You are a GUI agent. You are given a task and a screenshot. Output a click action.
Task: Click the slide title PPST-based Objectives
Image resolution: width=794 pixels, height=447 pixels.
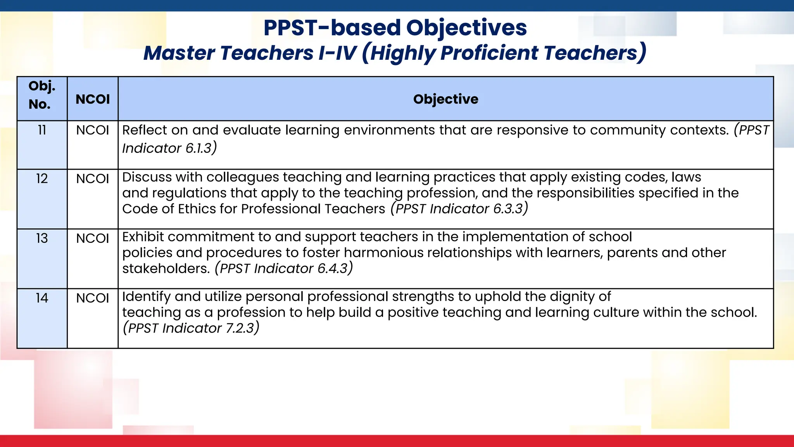pyautogui.click(x=395, y=28)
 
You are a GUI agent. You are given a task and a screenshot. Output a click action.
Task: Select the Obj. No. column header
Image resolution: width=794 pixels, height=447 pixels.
pyautogui.click(x=42, y=95)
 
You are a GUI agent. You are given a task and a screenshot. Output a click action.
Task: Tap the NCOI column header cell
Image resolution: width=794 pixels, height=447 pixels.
pyautogui.click(x=93, y=99)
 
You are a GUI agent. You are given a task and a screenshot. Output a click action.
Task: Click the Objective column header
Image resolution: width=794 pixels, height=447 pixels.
pyautogui.click(x=445, y=99)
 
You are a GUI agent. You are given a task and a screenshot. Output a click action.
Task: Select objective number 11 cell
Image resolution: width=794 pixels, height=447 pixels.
pyautogui.click(x=42, y=130)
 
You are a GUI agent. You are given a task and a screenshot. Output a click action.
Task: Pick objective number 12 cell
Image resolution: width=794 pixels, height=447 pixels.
pyautogui.click(x=42, y=178)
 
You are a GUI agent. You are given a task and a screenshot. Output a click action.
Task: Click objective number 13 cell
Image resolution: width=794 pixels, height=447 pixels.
pyautogui.click(x=42, y=238)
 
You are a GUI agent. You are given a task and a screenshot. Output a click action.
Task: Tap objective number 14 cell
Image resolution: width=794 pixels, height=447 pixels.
pyautogui.click(x=42, y=298)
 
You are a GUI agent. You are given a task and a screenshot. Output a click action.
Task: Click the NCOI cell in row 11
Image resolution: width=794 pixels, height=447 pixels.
pyautogui.click(x=93, y=130)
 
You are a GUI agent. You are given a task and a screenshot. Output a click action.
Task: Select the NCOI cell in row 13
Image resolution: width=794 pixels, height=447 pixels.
pyautogui.click(x=93, y=238)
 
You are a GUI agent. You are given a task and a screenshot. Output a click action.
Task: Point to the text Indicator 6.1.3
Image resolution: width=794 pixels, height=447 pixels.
pyautogui.click(x=168, y=148)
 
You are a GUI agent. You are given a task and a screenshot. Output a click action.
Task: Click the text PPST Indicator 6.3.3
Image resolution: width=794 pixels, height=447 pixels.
pyautogui.click(x=459, y=209)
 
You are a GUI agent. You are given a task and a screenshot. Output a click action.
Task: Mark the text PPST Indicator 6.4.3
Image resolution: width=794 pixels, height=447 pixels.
pyautogui.click(x=284, y=269)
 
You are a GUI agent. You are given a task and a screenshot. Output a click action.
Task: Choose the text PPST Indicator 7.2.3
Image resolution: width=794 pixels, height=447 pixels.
pyautogui.click(x=191, y=328)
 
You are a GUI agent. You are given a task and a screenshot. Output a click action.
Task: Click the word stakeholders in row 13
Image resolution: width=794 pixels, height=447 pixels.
pyautogui.click(x=166, y=269)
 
